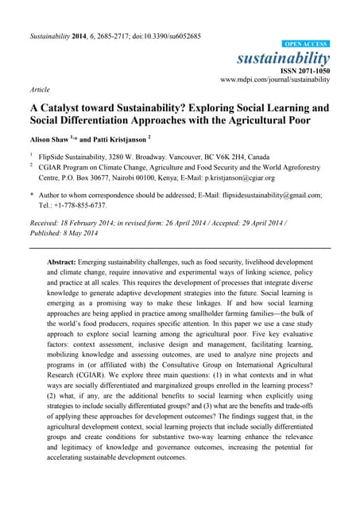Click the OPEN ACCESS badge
pos(307,44)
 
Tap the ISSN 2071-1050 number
pos(301,71)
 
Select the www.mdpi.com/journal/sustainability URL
pos(276,80)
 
